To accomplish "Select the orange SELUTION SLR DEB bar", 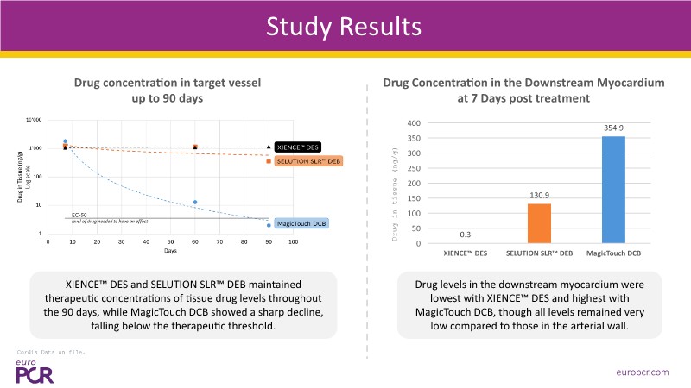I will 539,223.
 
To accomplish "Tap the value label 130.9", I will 539,195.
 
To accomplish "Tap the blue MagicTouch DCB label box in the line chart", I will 304,223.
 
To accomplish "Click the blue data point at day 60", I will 195,202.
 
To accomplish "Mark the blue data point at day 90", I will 269,225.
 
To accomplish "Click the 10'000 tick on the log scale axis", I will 35,120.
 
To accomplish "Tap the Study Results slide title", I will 345,26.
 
